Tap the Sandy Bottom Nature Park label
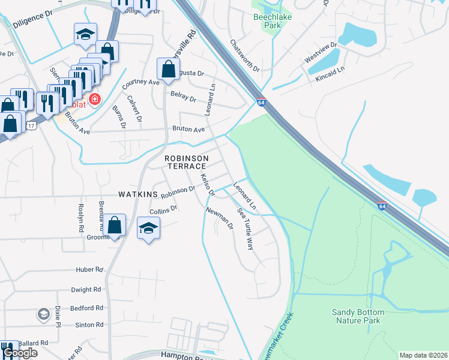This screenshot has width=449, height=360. [x=364, y=316]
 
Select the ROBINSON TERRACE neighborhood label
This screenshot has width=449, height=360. [x=186, y=161]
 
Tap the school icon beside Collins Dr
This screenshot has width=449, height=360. [x=149, y=228]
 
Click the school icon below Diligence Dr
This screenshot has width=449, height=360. [x=85, y=34]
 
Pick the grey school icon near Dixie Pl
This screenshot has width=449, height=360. [x=43, y=314]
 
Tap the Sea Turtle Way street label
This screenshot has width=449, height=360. [x=246, y=229]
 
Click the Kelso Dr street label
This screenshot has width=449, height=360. [x=208, y=184]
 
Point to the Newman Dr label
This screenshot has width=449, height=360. [x=219, y=218]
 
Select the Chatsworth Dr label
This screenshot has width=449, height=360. [x=245, y=56]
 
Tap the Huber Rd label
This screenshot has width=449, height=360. [x=89, y=270]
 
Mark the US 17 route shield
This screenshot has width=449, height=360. [x=31, y=124]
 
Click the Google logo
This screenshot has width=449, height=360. [x=20, y=353]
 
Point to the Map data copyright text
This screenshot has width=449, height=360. [x=423, y=355]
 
